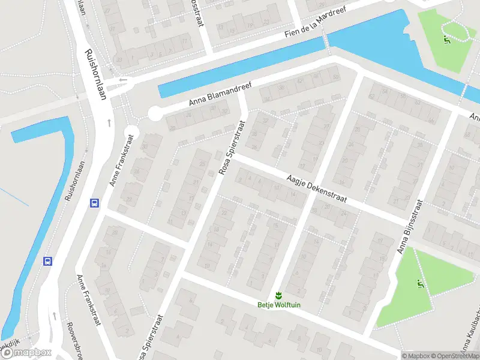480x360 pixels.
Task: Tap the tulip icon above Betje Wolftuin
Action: (x=278, y=295)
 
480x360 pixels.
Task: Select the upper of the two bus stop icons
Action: (x=94, y=203)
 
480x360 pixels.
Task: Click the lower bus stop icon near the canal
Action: (x=47, y=261)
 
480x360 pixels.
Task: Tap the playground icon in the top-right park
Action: (x=446, y=41)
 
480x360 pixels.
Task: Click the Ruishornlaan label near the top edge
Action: (x=96, y=74)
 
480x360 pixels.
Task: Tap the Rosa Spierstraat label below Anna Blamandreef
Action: (x=232, y=148)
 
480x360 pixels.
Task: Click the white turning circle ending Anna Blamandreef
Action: (x=155, y=112)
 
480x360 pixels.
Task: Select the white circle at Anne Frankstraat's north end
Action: (x=130, y=133)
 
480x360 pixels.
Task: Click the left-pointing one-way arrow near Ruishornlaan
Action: (x=124, y=80)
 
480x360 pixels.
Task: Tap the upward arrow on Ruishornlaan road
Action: (x=109, y=122)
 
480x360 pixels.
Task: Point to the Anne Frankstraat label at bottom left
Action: (x=88, y=300)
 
